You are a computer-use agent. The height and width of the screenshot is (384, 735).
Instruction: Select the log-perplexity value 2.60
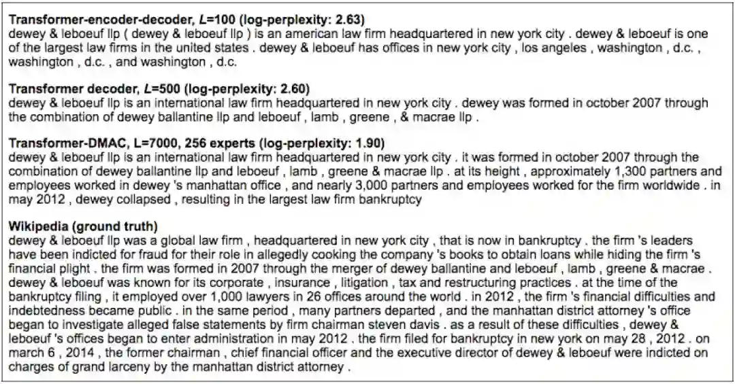pos(297,88)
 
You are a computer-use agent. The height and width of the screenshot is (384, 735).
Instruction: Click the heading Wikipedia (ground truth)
pos(82,226)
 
